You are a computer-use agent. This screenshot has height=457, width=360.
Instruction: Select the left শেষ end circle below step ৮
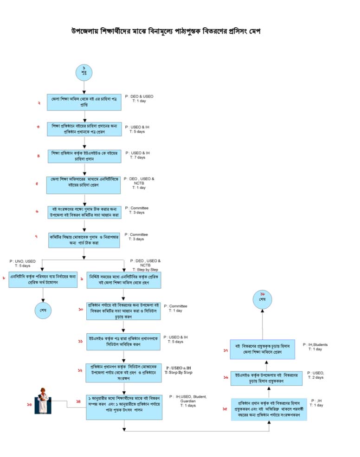(x=43, y=310)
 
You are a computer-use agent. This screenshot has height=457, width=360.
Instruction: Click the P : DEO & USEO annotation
(x=139, y=97)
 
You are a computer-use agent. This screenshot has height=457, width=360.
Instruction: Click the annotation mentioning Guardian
(x=187, y=401)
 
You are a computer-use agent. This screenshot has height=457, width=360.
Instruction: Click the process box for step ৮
(x=42, y=279)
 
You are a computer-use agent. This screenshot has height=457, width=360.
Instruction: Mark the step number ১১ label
(x=80, y=341)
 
